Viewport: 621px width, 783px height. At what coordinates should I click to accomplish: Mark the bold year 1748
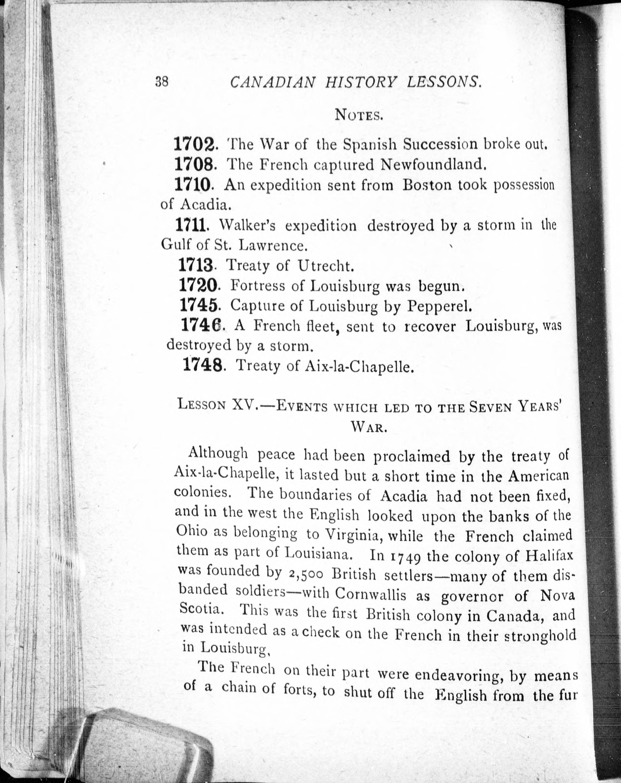coord(202,365)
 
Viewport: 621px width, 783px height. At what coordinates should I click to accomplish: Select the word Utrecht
coord(325,266)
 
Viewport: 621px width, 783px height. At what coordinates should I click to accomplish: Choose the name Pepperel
coord(439,307)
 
